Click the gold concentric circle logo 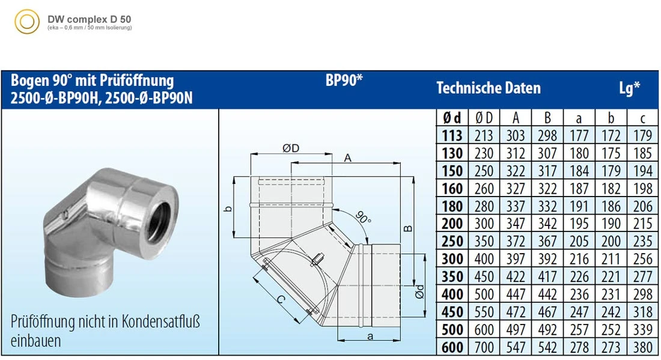pyautogui.click(x=27, y=23)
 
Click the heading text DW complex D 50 pyautogui.click(x=89, y=19)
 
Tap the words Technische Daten pyautogui.click(x=489, y=88)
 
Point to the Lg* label pyautogui.click(x=629, y=88)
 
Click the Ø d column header pyautogui.click(x=452, y=118)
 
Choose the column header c pyautogui.click(x=642, y=118)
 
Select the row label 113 pyautogui.click(x=452, y=136)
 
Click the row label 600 pyautogui.click(x=452, y=347)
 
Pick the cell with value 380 pyautogui.click(x=642, y=347)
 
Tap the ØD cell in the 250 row pyautogui.click(x=484, y=242)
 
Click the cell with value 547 pyautogui.click(x=516, y=347)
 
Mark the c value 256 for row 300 pyautogui.click(x=642, y=259)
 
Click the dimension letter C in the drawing pyautogui.click(x=281, y=297)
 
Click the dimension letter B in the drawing pyautogui.click(x=407, y=228)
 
